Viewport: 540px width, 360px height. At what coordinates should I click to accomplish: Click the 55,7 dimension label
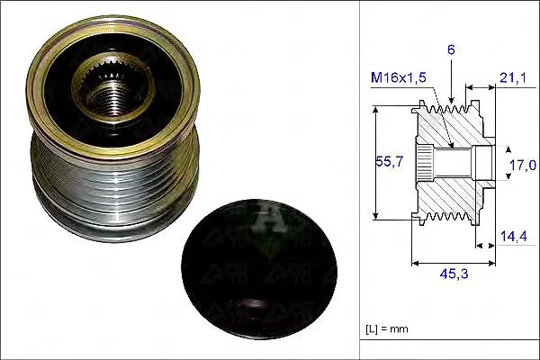coord(389,161)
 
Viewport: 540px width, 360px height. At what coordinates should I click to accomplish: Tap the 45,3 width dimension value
coord(454,274)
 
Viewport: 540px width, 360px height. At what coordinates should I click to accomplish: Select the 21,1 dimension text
coord(512,78)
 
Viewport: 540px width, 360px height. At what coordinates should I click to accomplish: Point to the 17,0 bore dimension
coord(523,166)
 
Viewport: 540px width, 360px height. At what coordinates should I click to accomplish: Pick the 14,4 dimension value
coord(513,237)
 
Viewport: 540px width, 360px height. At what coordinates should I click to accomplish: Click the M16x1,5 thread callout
coord(399,77)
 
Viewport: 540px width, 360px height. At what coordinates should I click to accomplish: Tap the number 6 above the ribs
coord(451,50)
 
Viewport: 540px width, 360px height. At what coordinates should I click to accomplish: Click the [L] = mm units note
coord(387,329)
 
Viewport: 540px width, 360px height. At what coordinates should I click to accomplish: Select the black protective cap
coord(259,269)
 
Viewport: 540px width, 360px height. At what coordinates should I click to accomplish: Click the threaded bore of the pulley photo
coord(110,98)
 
